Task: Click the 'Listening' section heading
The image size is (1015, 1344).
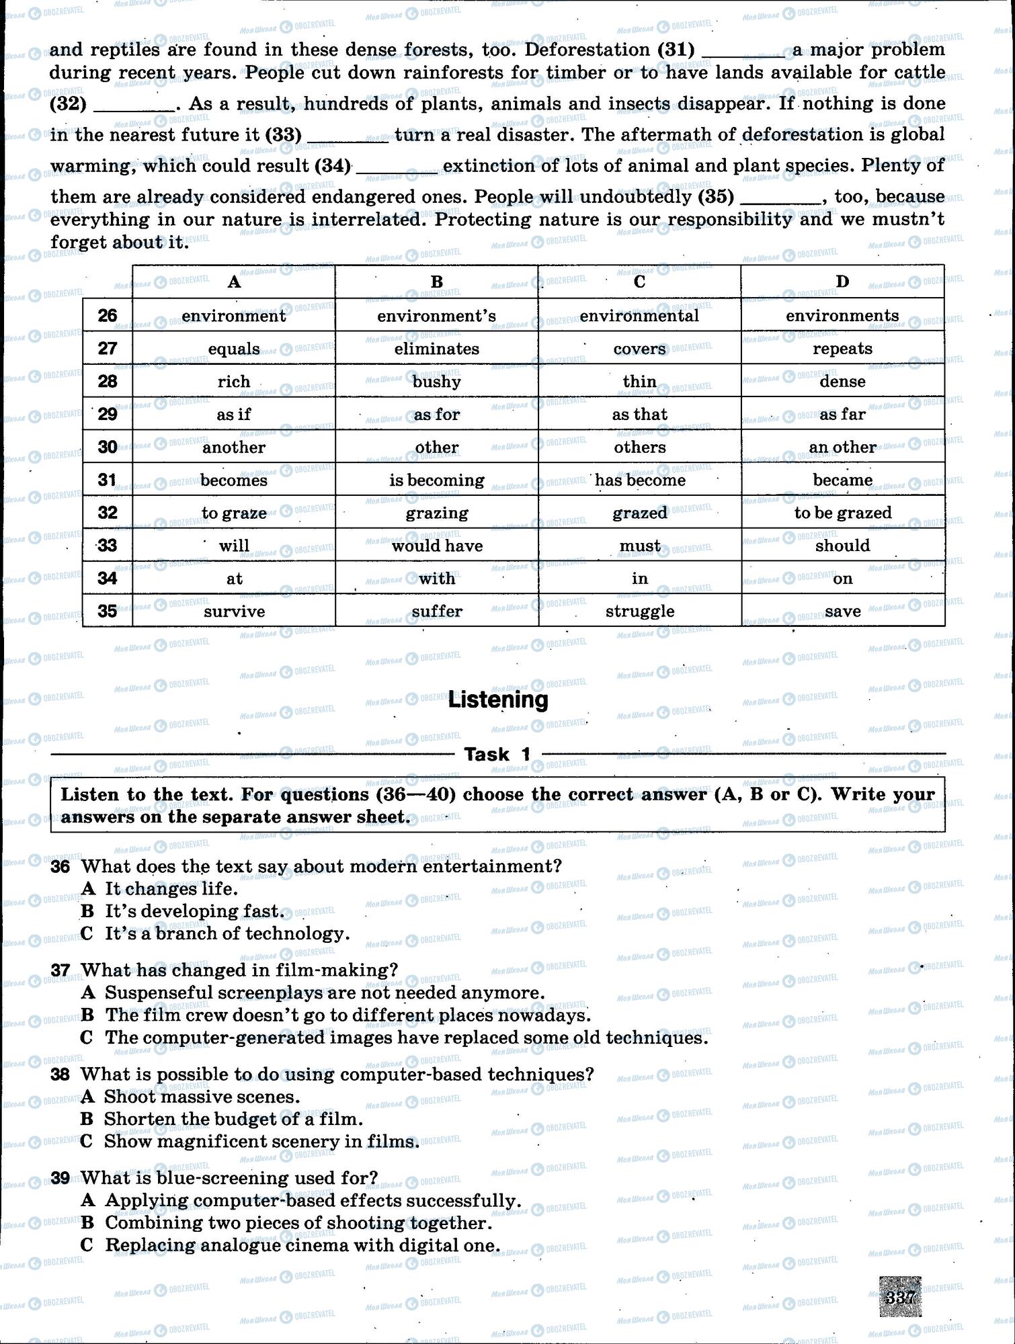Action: point(498,700)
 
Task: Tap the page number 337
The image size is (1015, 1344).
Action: point(899,1296)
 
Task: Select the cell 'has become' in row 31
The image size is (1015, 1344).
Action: point(639,480)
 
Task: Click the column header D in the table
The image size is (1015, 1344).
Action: point(842,282)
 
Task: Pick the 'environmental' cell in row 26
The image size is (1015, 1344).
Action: point(639,315)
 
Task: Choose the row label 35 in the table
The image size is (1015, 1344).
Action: point(108,611)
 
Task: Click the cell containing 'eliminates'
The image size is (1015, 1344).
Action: point(437,348)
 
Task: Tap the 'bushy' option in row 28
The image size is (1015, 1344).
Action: point(437,381)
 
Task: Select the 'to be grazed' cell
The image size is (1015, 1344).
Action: point(842,513)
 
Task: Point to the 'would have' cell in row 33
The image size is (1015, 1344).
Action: point(437,546)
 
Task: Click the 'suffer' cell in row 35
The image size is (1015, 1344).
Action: point(437,611)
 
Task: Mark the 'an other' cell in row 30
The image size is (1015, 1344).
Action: point(842,447)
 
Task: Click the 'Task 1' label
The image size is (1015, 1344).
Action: point(497,754)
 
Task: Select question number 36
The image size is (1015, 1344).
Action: point(60,866)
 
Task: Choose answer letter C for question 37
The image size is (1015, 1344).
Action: point(87,1038)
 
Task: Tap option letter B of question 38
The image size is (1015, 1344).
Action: point(87,1119)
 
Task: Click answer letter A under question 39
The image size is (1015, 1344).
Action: point(87,1200)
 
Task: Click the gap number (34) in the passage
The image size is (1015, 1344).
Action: point(333,165)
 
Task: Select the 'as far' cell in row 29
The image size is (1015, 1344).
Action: point(842,414)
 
